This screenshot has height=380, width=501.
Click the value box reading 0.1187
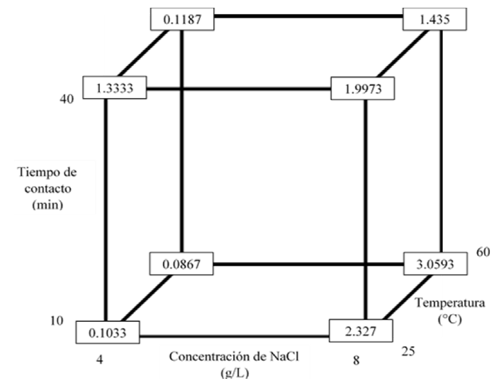pyautogui.click(x=182, y=20)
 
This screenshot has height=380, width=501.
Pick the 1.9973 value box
pyautogui.click(x=363, y=89)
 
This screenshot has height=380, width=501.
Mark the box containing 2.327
pyautogui.click(x=361, y=331)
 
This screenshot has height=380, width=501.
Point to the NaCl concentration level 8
pyautogui.click(x=355, y=361)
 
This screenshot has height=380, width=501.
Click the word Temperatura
pyautogui.click(x=443, y=303)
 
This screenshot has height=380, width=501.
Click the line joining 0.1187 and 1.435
pyautogui.click(x=309, y=17)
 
